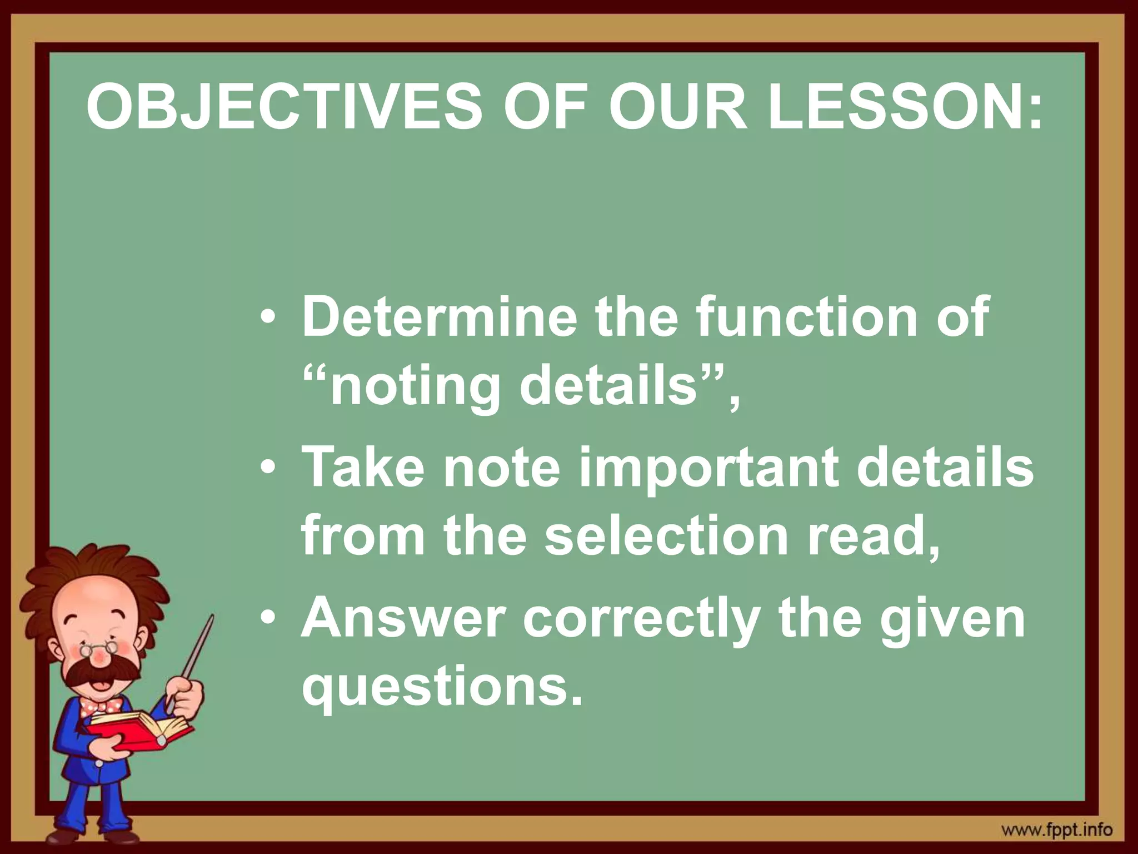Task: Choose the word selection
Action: click(x=666, y=535)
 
